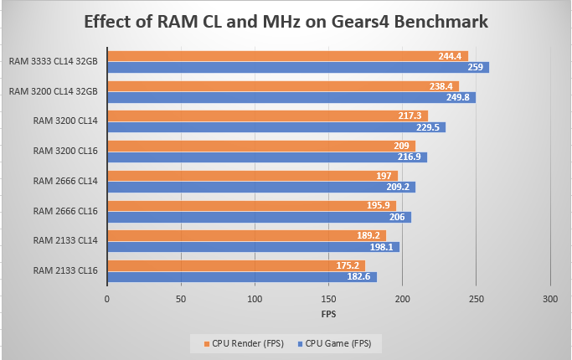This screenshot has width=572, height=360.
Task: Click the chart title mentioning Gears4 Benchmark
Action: pyautogui.click(x=285, y=22)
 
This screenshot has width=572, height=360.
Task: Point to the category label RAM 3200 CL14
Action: pyautogui.click(x=65, y=121)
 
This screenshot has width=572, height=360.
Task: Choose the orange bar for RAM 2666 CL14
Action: pyautogui.click(x=251, y=176)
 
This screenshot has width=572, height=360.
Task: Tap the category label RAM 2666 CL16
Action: pyautogui.click(x=65, y=211)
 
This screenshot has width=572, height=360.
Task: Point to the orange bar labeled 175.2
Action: pyautogui.click(x=226, y=265)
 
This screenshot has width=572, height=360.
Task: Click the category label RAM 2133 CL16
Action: pyautogui.click(x=65, y=270)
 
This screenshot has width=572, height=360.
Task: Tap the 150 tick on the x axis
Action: pyautogui.click(x=328, y=299)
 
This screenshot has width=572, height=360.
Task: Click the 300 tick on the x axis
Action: pyautogui.click(x=550, y=299)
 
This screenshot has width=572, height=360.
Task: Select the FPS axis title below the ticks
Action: pyautogui.click(x=328, y=314)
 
